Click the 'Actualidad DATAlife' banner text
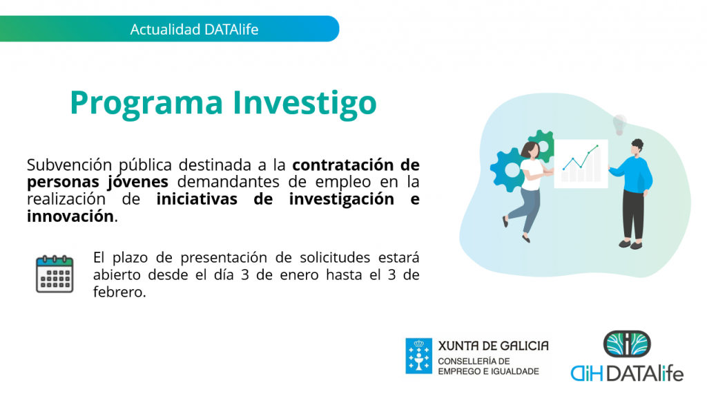(x=194, y=29)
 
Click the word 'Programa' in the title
(x=146, y=104)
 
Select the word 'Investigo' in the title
(x=304, y=104)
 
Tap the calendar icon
(x=55, y=274)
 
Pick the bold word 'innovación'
(x=70, y=216)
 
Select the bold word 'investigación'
(x=341, y=199)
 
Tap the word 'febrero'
(x=118, y=292)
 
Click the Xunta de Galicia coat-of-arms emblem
(x=418, y=356)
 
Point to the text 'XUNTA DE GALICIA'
(x=493, y=346)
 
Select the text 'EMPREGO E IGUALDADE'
(x=489, y=371)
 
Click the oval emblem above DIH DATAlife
(x=627, y=344)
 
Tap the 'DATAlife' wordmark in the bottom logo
(x=645, y=373)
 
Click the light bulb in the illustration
(x=619, y=124)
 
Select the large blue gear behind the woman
(x=510, y=169)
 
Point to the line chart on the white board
(x=581, y=157)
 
